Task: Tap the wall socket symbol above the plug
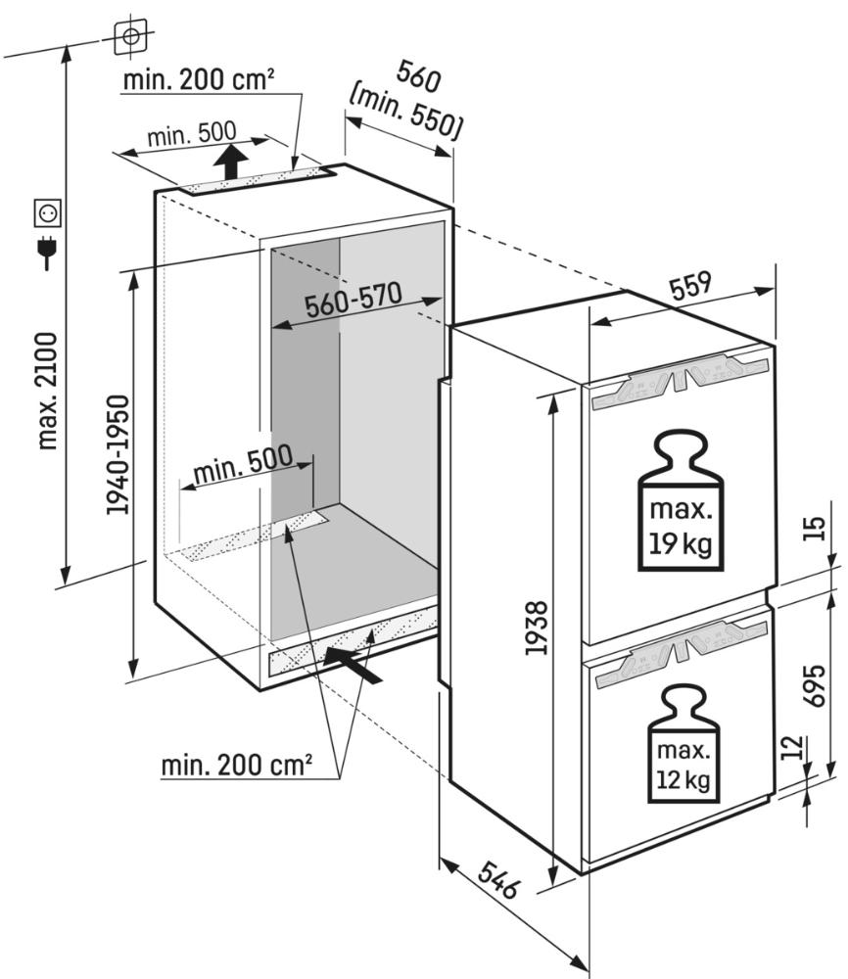(x=47, y=213)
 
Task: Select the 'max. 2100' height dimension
(x=48, y=391)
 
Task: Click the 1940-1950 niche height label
(x=118, y=454)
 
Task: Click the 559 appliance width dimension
(x=690, y=285)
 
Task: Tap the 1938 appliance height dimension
(x=537, y=628)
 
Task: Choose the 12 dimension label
(x=792, y=747)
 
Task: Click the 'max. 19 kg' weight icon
(x=681, y=500)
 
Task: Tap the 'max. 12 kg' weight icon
(x=683, y=743)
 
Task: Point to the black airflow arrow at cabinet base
(x=353, y=665)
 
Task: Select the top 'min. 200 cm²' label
(x=199, y=80)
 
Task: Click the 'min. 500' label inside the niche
(x=243, y=464)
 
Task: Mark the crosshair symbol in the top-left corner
(x=131, y=36)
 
